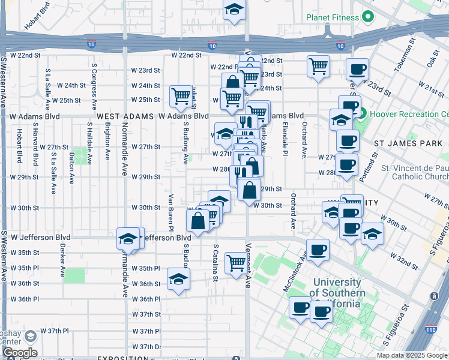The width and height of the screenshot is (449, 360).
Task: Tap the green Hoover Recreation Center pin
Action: click(355, 112)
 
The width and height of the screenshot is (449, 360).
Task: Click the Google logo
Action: click(20, 352)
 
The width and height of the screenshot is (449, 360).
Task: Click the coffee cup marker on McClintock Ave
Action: click(318, 251)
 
